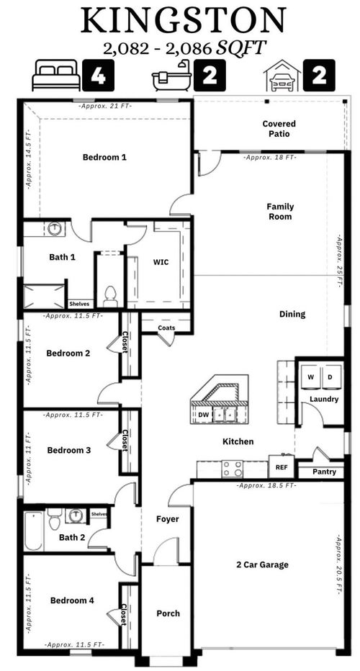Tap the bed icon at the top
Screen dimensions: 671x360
[56, 75]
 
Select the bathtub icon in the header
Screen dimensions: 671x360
[171, 75]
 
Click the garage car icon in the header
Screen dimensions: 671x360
[282, 76]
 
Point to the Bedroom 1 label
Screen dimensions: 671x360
[104, 157]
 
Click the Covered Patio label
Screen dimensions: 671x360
[279, 128]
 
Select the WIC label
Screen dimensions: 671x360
[161, 262]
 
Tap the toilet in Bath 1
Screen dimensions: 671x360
[110, 294]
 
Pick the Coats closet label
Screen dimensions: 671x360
[167, 328]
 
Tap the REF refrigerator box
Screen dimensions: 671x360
[281, 467]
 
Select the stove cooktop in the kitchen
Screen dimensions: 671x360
[232, 469]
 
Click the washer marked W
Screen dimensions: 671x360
[311, 377]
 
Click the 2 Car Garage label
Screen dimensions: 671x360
[262, 564]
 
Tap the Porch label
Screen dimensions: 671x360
[168, 613]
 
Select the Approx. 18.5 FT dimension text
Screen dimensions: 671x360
[267, 486]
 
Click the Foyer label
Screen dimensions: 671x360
[167, 519]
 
